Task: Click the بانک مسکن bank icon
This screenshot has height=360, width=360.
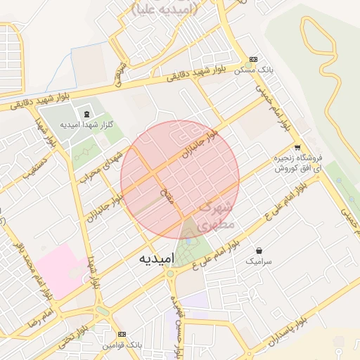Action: pos(253,60)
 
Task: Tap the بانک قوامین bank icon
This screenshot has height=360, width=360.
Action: pos(123,334)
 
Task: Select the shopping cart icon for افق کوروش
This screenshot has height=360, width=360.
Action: pos(297,148)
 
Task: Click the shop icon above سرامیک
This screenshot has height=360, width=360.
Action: pos(259,250)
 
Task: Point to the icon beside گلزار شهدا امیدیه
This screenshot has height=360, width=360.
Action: pos(86,114)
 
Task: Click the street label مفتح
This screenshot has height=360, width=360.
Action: pos(168,198)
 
